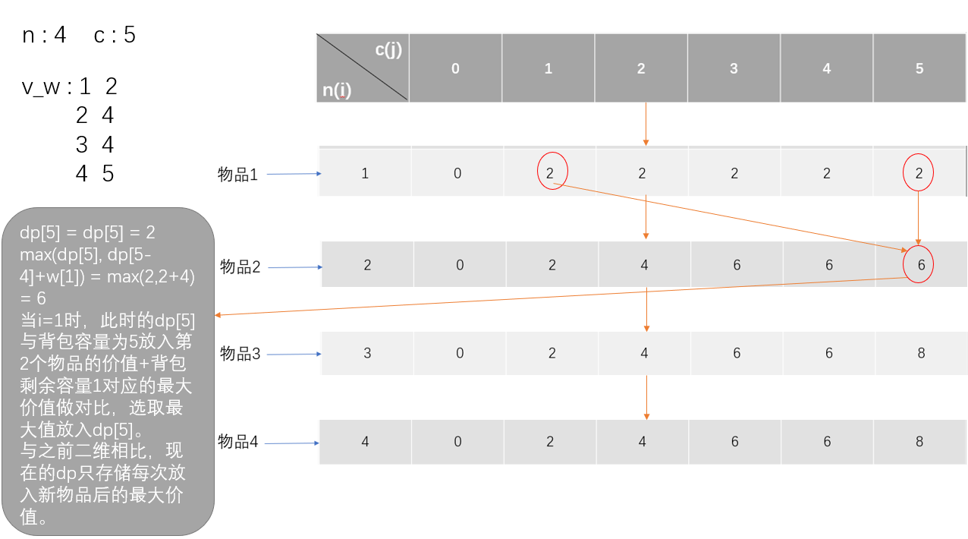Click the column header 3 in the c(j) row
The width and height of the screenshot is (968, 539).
(734, 68)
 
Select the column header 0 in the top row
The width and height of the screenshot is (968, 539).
(455, 68)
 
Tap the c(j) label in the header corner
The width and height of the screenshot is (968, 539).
(388, 50)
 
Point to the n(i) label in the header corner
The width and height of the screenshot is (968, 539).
(337, 90)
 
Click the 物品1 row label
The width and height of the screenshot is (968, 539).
(238, 175)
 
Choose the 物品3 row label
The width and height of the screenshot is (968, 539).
(240, 354)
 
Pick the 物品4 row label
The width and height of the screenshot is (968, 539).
(238, 441)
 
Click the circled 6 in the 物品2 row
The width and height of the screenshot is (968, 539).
(920, 265)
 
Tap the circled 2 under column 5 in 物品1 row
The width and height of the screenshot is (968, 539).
(919, 174)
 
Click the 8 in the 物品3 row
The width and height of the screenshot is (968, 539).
(920, 353)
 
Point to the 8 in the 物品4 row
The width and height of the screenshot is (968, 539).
(919, 441)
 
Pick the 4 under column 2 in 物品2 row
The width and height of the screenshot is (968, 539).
(644, 265)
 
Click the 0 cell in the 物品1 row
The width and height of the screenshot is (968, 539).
(457, 173)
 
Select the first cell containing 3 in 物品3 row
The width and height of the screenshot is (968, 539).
(367, 353)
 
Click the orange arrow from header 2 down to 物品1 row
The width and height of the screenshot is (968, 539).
(646, 123)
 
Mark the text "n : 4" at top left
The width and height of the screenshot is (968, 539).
(44, 35)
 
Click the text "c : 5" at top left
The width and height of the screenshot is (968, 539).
(115, 35)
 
